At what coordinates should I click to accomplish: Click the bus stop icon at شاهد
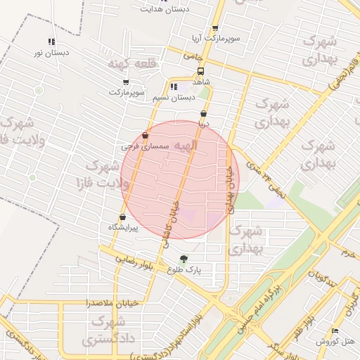coord(201,71)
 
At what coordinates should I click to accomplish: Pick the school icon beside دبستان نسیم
coord(174,87)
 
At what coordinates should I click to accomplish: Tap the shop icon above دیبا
coord(203,113)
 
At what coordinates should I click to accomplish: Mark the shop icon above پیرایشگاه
coord(123,217)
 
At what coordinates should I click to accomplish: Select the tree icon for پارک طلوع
coord(184,259)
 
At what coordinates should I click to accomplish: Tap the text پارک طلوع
coord(184,269)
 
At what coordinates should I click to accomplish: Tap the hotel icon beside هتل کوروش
coord(335,330)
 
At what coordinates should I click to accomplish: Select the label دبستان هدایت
coord(165,9)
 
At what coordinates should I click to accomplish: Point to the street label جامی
coord(192,55)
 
